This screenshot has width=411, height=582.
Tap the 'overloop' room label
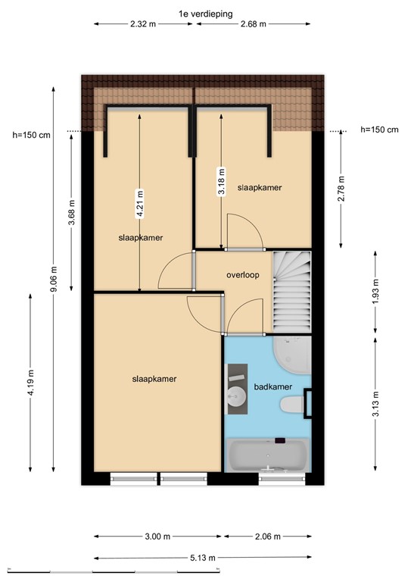(243, 276)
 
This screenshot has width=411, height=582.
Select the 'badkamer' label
(273, 386)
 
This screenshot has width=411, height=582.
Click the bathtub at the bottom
(268, 457)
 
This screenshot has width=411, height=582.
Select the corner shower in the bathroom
(294, 355)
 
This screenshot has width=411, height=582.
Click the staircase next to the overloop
(292, 290)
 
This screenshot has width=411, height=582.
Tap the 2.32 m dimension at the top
(144, 24)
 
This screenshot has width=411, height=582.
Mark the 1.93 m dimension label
(375, 291)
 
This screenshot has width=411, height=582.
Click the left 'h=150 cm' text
(32, 136)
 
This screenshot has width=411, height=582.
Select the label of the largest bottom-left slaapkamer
(154, 379)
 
